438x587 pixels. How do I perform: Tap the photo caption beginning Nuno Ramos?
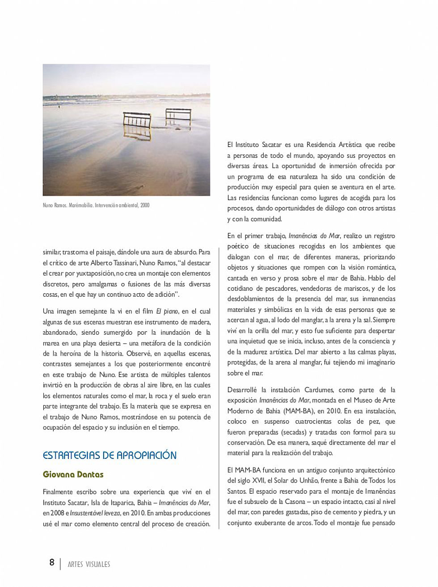pyautogui.click(x=96, y=205)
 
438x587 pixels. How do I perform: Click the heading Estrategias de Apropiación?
pyautogui.click(x=109, y=455)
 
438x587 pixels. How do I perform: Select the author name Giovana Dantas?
pyautogui.click(x=73, y=474)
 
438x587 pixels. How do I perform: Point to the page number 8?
pyautogui.click(x=52, y=562)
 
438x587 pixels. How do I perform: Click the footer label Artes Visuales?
pyautogui.click(x=88, y=564)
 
